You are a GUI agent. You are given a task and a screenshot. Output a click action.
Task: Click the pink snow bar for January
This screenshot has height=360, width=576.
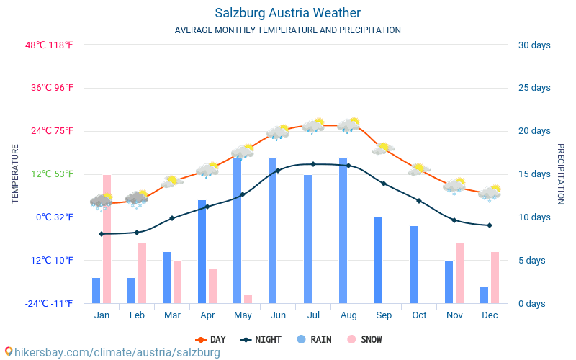tap(107, 239)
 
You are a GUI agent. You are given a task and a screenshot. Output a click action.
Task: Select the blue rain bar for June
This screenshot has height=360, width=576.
tap(273, 230)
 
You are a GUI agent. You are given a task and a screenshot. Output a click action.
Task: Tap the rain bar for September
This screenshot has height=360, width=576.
tap(379, 261)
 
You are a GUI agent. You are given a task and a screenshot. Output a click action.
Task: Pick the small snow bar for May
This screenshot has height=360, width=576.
tap(248, 299)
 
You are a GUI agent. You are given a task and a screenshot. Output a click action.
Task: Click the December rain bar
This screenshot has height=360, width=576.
tap(484, 295)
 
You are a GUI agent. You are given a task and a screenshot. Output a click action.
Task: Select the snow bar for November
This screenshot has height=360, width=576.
tap(459, 274)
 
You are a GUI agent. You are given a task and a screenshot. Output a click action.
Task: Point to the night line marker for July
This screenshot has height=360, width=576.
tap(313, 164)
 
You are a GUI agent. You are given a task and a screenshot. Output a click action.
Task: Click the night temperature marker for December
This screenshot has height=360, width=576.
tap(490, 225)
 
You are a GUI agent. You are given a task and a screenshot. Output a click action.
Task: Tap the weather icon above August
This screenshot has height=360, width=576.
tap(348, 125)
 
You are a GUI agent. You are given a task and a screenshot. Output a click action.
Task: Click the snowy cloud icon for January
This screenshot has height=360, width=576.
tap(102, 202)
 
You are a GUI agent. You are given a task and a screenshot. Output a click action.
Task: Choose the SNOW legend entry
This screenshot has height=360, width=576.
tap(364, 339)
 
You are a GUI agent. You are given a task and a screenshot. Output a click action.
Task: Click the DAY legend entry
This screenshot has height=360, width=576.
tap(210, 339)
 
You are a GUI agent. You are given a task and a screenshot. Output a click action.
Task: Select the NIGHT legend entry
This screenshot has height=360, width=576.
tap(261, 339)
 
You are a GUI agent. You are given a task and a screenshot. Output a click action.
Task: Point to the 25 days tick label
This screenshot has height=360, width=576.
tap(534, 88)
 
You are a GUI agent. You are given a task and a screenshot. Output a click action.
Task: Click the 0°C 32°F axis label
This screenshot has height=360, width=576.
tap(55, 217)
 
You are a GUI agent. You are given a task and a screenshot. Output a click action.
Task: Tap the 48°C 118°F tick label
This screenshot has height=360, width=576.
tap(49, 45)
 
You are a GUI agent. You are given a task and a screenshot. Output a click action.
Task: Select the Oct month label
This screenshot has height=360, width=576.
tap(419, 315)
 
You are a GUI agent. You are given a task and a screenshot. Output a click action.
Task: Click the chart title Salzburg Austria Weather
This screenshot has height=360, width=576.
tap(287, 13)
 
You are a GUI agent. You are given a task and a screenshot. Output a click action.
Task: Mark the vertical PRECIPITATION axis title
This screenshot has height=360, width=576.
tap(561, 174)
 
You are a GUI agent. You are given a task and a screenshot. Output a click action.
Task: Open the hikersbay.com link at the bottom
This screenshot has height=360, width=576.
tap(113, 352)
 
